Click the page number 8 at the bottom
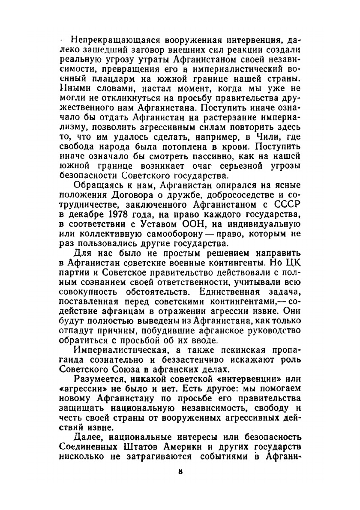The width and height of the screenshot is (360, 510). pyautogui.click(x=180, y=471)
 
